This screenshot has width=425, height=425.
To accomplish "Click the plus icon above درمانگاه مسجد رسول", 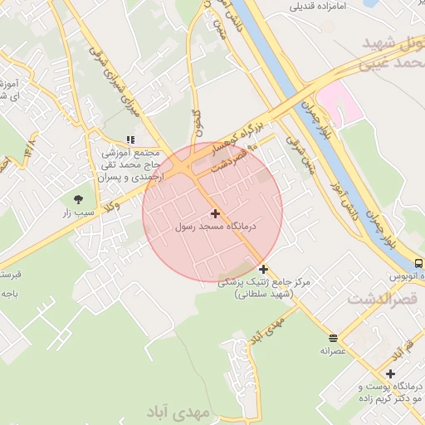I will [x=215, y=214].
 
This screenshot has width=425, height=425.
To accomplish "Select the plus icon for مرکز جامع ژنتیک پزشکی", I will [x=263, y=269].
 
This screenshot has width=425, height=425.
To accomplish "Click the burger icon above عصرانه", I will [x=333, y=338].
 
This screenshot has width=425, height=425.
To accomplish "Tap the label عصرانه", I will [x=333, y=350].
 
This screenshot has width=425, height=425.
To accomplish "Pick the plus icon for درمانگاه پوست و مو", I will [x=390, y=374].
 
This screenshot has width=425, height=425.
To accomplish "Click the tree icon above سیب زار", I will [x=78, y=199].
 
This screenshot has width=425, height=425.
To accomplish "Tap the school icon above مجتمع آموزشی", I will [x=129, y=139].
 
